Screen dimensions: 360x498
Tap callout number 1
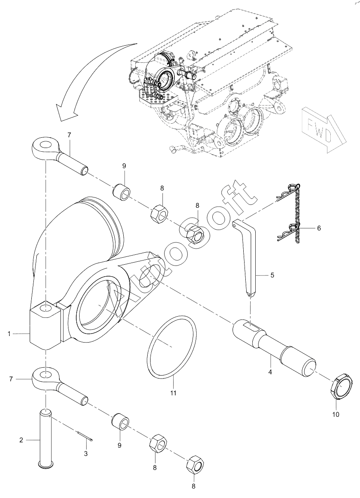pyautogui.click(x=9, y=341)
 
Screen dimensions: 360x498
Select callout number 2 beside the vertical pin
pyautogui.click(x=21, y=440)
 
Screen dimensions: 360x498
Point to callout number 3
pyautogui.click(x=86, y=454)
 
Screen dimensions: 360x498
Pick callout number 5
pyautogui.click(x=272, y=275)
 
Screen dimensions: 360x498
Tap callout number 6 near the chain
pyautogui.click(x=319, y=228)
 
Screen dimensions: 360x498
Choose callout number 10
pyautogui.click(x=336, y=415)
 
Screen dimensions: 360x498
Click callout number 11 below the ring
pyautogui.click(x=173, y=393)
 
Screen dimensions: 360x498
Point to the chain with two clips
pyautogui.click(x=288, y=213)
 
